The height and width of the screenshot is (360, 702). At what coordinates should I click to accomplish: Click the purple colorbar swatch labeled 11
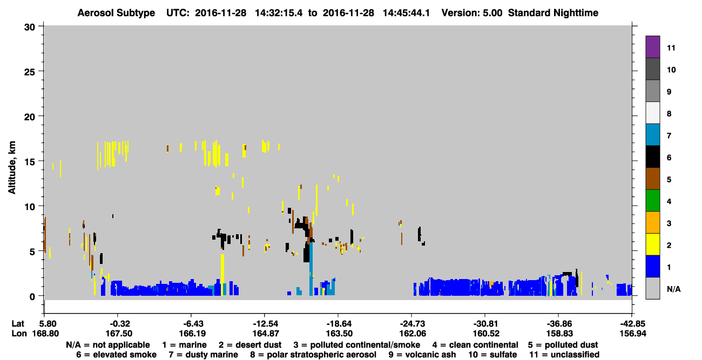652,46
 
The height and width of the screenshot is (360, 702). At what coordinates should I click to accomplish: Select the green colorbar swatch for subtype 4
652,201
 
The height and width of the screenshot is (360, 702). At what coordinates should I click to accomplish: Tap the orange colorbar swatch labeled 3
652,222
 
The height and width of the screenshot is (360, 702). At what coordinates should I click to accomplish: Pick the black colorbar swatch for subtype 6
652,157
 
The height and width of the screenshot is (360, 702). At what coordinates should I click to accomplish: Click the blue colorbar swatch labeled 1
652,266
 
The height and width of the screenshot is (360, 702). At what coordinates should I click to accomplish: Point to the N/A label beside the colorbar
673,289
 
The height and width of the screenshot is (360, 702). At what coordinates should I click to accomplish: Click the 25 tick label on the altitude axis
30,72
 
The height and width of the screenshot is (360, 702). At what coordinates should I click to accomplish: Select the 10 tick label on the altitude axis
30,207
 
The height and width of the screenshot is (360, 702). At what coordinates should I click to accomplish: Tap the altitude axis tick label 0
32,296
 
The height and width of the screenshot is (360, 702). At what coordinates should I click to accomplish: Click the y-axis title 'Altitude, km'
11,168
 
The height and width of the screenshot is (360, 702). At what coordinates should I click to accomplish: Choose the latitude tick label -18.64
339,324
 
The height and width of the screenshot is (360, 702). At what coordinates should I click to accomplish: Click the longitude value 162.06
413,334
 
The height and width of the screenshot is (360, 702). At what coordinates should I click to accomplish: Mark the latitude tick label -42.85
632,324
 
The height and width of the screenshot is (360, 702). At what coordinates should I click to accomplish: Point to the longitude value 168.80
45,334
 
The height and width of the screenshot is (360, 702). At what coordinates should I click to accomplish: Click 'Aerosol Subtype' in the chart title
116,13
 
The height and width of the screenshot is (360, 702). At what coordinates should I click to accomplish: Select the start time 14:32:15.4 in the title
279,13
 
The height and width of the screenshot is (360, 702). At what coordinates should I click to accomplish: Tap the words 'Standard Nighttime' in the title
553,13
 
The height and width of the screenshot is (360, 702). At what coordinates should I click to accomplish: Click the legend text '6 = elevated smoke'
116,355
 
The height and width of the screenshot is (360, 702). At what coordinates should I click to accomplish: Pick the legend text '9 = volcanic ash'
422,355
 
